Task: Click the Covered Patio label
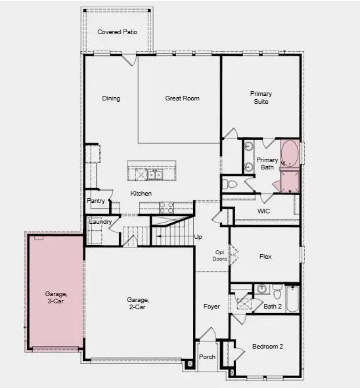tap(117, 32)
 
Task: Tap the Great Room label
tap(182, 98)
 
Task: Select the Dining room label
tap(111, 98)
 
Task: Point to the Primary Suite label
tap(261, 98)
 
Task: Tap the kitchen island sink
tap(154, 175)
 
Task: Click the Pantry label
tap(96, 201)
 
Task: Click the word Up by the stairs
tap(198, 237)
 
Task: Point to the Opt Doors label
tap(220, 255)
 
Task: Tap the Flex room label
tap(265, 257)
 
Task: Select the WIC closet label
tap(264, 211)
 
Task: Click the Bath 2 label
tap(273, 306)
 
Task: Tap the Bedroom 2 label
tap(267, 347)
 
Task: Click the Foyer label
tap(212, 307)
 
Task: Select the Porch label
tap(207, 358)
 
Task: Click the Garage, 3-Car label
tap(56, 298)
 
